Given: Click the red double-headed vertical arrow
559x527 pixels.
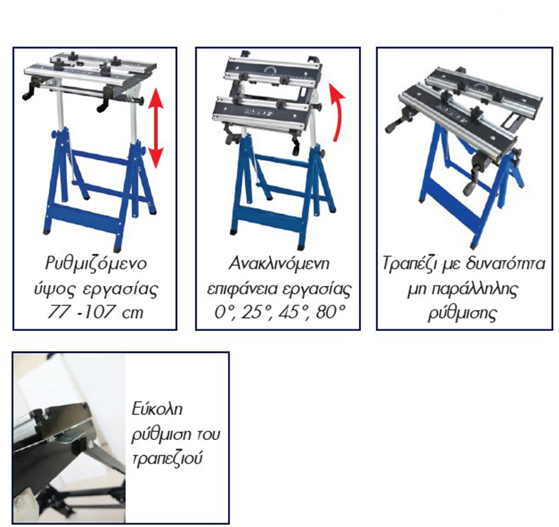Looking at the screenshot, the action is [x=156, y=128].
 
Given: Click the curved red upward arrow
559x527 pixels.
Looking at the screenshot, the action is [x=337, y=113].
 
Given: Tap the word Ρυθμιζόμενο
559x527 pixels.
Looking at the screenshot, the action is [x=96, y=264].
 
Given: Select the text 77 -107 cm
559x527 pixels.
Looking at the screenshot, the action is [x=95, y=312].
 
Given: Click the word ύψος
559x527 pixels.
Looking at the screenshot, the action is [x=54, y=290].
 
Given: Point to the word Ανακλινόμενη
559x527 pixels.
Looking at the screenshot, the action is [x=278, y=264].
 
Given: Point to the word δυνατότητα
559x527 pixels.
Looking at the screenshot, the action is [x=506, y=264].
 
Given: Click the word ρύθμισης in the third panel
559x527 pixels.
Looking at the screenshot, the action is [x=462, y=313].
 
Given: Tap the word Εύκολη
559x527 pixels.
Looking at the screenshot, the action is [x=157, y=409].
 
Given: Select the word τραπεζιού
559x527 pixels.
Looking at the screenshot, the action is [x=167, y=459].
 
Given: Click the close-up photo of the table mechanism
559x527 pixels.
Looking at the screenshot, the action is [x=70, y=438].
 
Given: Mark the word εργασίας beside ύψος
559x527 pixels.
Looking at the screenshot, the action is [x=120, y=290].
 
